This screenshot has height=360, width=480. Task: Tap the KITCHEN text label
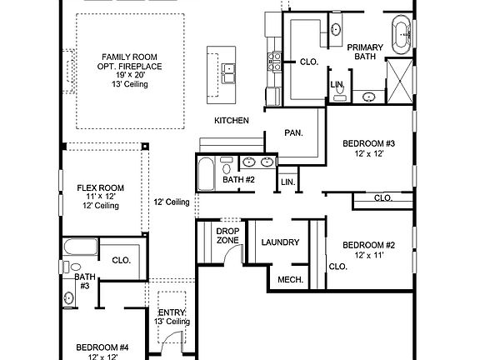tap(232, 121)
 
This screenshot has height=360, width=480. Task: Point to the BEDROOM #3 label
tap(367, 143)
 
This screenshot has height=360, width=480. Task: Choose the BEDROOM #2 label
tap(367, 245)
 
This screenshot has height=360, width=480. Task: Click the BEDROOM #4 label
tap(102, 347)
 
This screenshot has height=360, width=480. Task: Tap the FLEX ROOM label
tap(100, 187)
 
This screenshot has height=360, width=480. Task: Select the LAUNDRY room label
tap(280, 242)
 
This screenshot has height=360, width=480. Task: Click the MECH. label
tap(289, 280)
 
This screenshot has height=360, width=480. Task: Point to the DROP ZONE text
tap(227, 236)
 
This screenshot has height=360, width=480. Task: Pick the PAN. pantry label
tap(292, 132)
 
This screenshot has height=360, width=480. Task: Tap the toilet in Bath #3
tap(65, 267)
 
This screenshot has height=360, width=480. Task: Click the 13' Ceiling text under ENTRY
tap(172, 322)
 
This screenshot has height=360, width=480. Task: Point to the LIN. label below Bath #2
tap(287, 182)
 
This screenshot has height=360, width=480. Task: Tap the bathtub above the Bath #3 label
tap(81, 247)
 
